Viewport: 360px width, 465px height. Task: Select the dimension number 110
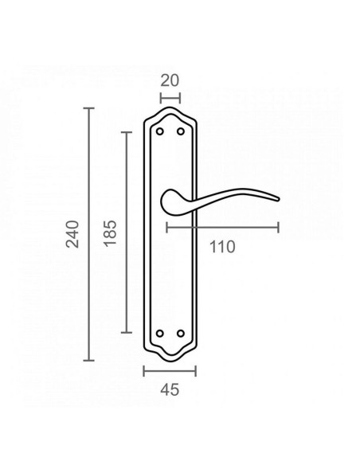coord(222,247)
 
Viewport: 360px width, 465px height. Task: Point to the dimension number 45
coord(170,389)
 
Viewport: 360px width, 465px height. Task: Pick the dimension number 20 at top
coord(170,80)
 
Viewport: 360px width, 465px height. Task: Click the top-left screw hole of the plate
coord(160,131)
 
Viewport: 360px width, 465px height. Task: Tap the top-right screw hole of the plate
coord(180,131)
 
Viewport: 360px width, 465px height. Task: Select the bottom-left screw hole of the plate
coord(160,333)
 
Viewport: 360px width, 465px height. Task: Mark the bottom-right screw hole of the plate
coord(180,333)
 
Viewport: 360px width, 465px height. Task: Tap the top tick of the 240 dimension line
coord(89,107)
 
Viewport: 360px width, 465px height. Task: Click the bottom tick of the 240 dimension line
coord(89,360)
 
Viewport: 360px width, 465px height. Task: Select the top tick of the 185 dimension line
coord(126,131)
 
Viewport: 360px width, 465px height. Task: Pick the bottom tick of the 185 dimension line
coord(126,333)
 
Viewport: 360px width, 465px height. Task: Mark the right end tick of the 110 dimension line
coord(279,228)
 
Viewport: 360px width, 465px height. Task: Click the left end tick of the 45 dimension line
coord(143,371)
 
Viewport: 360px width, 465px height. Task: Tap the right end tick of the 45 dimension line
coord(196,371)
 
